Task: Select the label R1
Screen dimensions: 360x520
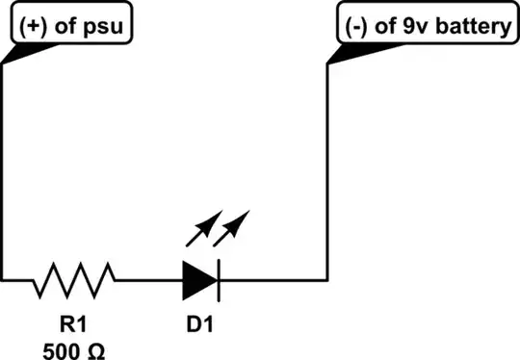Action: [74, 323]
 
